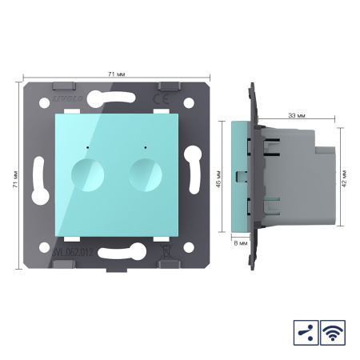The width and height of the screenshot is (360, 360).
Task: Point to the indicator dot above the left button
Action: (85, 148)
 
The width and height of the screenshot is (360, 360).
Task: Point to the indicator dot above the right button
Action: (145, 148)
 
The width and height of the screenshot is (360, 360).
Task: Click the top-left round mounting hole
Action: (47, 102)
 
